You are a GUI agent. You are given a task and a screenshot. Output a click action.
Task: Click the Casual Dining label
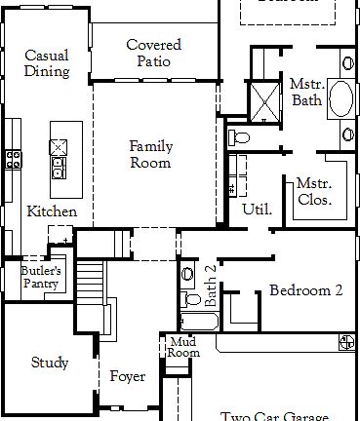click(47, 63)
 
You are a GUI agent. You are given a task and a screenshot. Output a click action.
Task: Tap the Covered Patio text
click(153, 53)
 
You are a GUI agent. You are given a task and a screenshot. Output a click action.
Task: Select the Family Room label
click(151, 154)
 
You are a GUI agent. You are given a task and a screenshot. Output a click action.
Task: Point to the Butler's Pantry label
click(41, 277)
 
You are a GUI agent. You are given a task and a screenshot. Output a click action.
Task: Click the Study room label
click(49, 364)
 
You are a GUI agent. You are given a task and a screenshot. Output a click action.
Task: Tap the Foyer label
click(128, 376)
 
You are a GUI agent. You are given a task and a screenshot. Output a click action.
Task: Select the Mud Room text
click(183, 346)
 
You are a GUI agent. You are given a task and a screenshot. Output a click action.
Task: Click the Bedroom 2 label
click(305, 290)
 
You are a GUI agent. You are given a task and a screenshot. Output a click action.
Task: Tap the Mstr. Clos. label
click(314, 191)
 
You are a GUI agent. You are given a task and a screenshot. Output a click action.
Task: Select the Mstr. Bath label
click(306, 92)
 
